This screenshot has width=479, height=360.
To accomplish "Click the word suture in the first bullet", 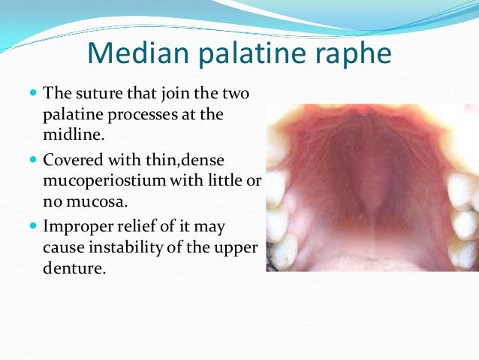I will tap(94, 95).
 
